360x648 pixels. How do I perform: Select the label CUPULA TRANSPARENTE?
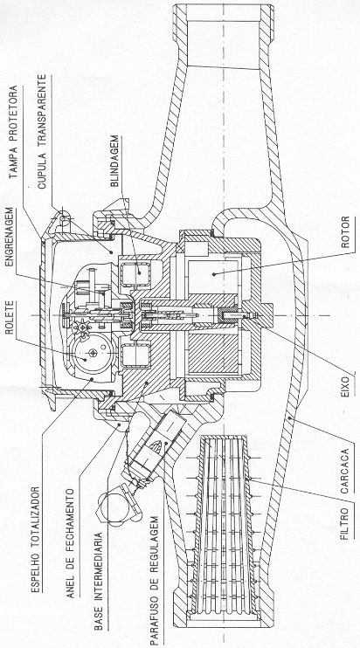(42, 132)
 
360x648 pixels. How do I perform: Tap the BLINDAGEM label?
(114, 162)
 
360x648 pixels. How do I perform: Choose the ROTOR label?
(344, 231)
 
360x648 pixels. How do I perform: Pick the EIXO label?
(345, 386)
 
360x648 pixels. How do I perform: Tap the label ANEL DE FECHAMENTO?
(70, 543)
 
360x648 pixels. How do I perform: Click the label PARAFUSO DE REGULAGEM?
(154, 579)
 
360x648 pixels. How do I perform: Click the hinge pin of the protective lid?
(63, 217)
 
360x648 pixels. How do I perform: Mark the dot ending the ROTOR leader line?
(213, 272)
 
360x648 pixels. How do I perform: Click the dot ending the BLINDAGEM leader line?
(138, 272)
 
